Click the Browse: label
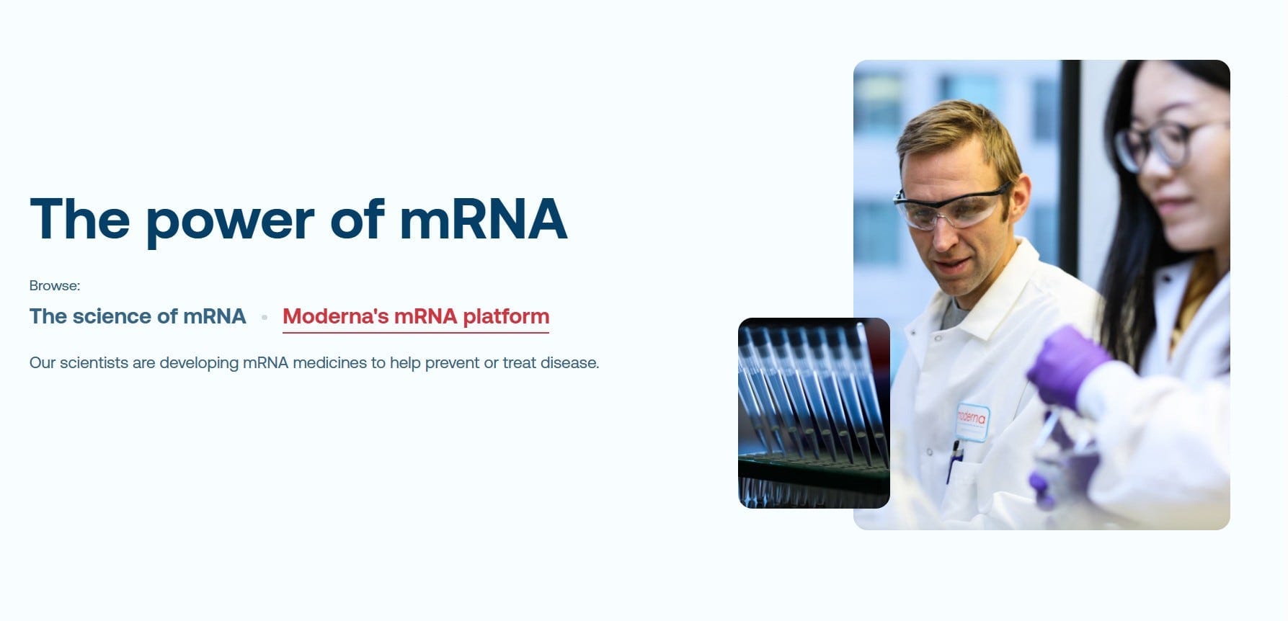tap(55, 285)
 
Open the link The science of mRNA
tap(138, 316)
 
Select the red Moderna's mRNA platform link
tap(416, 317)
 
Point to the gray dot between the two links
tap(265, 317)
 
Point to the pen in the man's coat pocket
tap(954, 462)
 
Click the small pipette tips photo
tap(814, 413)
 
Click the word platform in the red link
tap(506, 317)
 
